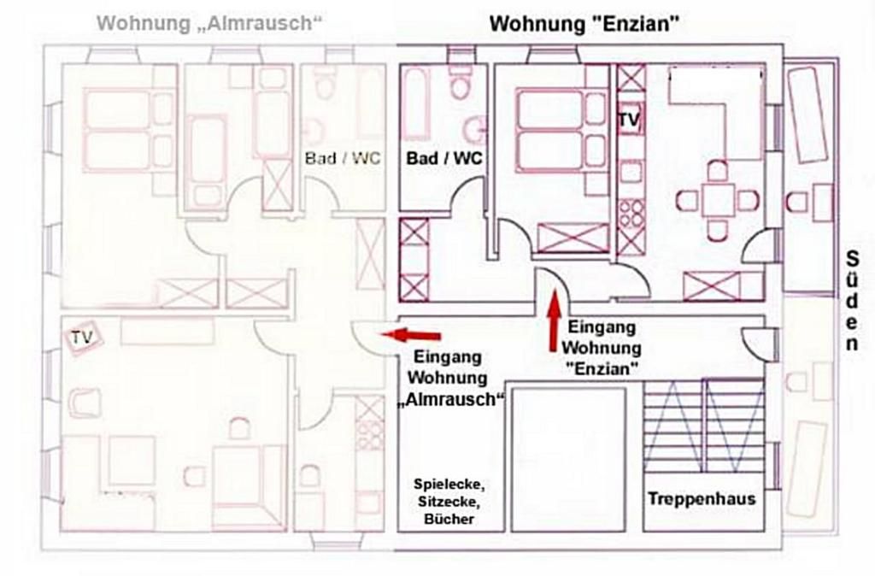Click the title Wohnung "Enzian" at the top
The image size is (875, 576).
tap(584, 24)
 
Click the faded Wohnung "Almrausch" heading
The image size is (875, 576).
tap(208, 23)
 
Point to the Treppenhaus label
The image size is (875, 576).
tap(702, 498)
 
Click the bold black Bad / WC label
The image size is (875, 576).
tap(443, 158)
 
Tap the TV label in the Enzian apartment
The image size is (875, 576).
tap(629, 120)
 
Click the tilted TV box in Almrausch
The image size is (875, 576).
tap(83, 338)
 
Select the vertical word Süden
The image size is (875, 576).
tap(852, 301)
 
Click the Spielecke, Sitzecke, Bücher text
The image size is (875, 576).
tap(444, 500)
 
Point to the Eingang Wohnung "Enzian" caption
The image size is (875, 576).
tap(602, 348)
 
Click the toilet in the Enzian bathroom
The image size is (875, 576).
tap(461, 82)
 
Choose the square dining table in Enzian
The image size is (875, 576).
tap(718, 201)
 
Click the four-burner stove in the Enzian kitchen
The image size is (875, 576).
tap(631, 214)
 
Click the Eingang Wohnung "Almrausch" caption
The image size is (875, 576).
tap(448, 378)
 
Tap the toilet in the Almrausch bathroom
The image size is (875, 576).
tap(325, 85)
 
